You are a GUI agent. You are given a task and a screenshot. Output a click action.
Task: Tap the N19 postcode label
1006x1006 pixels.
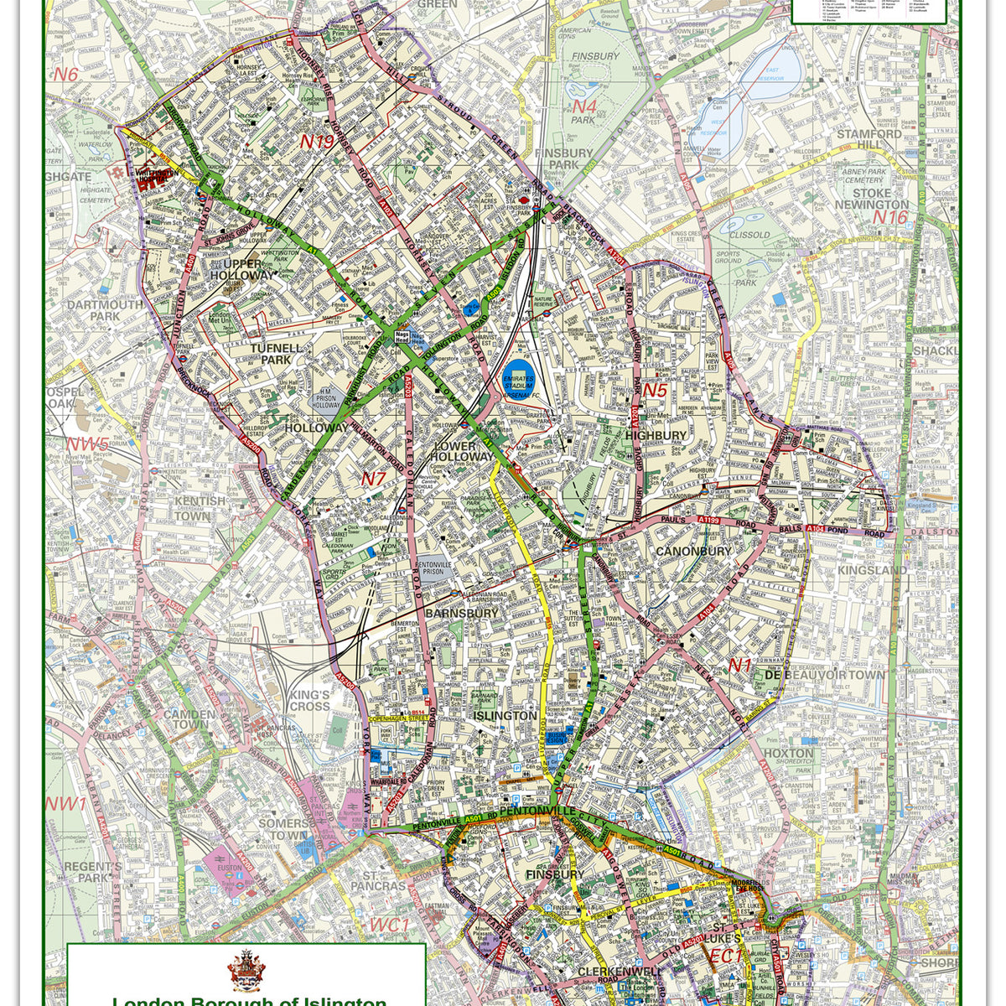[317, 142]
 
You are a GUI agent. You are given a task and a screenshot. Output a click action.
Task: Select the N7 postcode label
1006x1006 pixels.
[373, 480]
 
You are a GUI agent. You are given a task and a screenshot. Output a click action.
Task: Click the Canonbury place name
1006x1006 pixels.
[693, 551]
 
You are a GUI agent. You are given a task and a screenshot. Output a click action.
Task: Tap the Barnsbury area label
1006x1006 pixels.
[461, 613]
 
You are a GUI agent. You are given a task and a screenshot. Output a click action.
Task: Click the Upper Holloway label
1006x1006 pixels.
[241, 268]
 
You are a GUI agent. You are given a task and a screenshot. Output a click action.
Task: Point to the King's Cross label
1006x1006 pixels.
[309, 701]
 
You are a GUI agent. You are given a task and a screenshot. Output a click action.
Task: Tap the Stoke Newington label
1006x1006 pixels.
[870, 199]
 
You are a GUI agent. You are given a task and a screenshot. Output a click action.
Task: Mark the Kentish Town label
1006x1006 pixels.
[200, 508]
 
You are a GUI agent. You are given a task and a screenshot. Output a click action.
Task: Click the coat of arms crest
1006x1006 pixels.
[246, 970]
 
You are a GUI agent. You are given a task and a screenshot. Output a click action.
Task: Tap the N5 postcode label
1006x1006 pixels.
[654, 390]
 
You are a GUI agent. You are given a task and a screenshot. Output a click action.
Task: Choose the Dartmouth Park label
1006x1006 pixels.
[105, 310]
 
